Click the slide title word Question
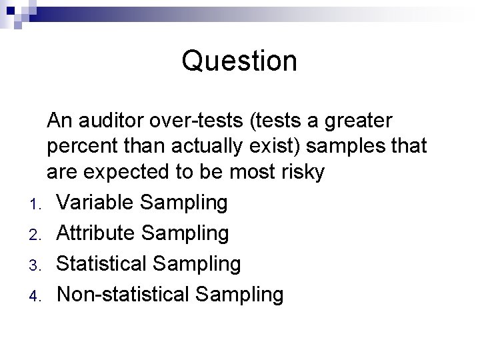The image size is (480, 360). [x=239, y=61]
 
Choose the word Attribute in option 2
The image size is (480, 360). [x=95, y=233]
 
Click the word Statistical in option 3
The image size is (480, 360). [x=101, y=263]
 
